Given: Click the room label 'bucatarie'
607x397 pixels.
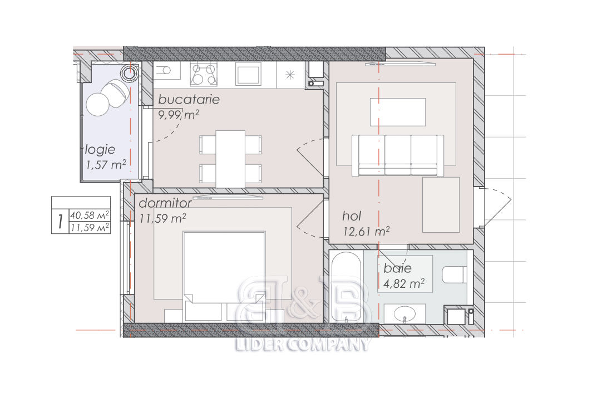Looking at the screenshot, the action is [x=189, y=100].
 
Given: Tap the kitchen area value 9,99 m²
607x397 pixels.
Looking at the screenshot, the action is [x=179, y=115].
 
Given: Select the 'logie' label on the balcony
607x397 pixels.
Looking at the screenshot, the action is [x=100, y=150].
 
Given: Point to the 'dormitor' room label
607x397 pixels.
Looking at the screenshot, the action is [x=165, y=203].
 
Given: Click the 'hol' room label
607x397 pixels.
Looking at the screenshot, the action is [x=352, y=215].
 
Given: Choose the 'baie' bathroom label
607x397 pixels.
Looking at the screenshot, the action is [x=397, y=268].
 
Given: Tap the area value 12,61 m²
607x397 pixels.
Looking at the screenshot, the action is [x=366, y=231].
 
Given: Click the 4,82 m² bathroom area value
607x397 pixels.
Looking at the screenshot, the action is [x=404, y=283].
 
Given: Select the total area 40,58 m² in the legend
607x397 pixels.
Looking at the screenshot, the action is [x=90, y=215].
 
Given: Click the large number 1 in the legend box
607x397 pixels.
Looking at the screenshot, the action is [x=60, y=222].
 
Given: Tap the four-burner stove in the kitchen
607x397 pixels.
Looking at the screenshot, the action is [x=204, y=74].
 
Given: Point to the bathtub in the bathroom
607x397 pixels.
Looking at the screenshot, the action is [x=346, y=288].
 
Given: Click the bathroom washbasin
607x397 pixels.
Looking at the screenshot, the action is [x=404, y=313].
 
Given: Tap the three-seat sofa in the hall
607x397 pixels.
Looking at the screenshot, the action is [x=398, y=155].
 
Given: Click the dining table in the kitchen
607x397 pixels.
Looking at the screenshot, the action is [x=230, y=159].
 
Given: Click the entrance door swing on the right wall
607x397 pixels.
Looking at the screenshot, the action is [x=496, y=207].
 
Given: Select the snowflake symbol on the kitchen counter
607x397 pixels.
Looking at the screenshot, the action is [x=290, y=75].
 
